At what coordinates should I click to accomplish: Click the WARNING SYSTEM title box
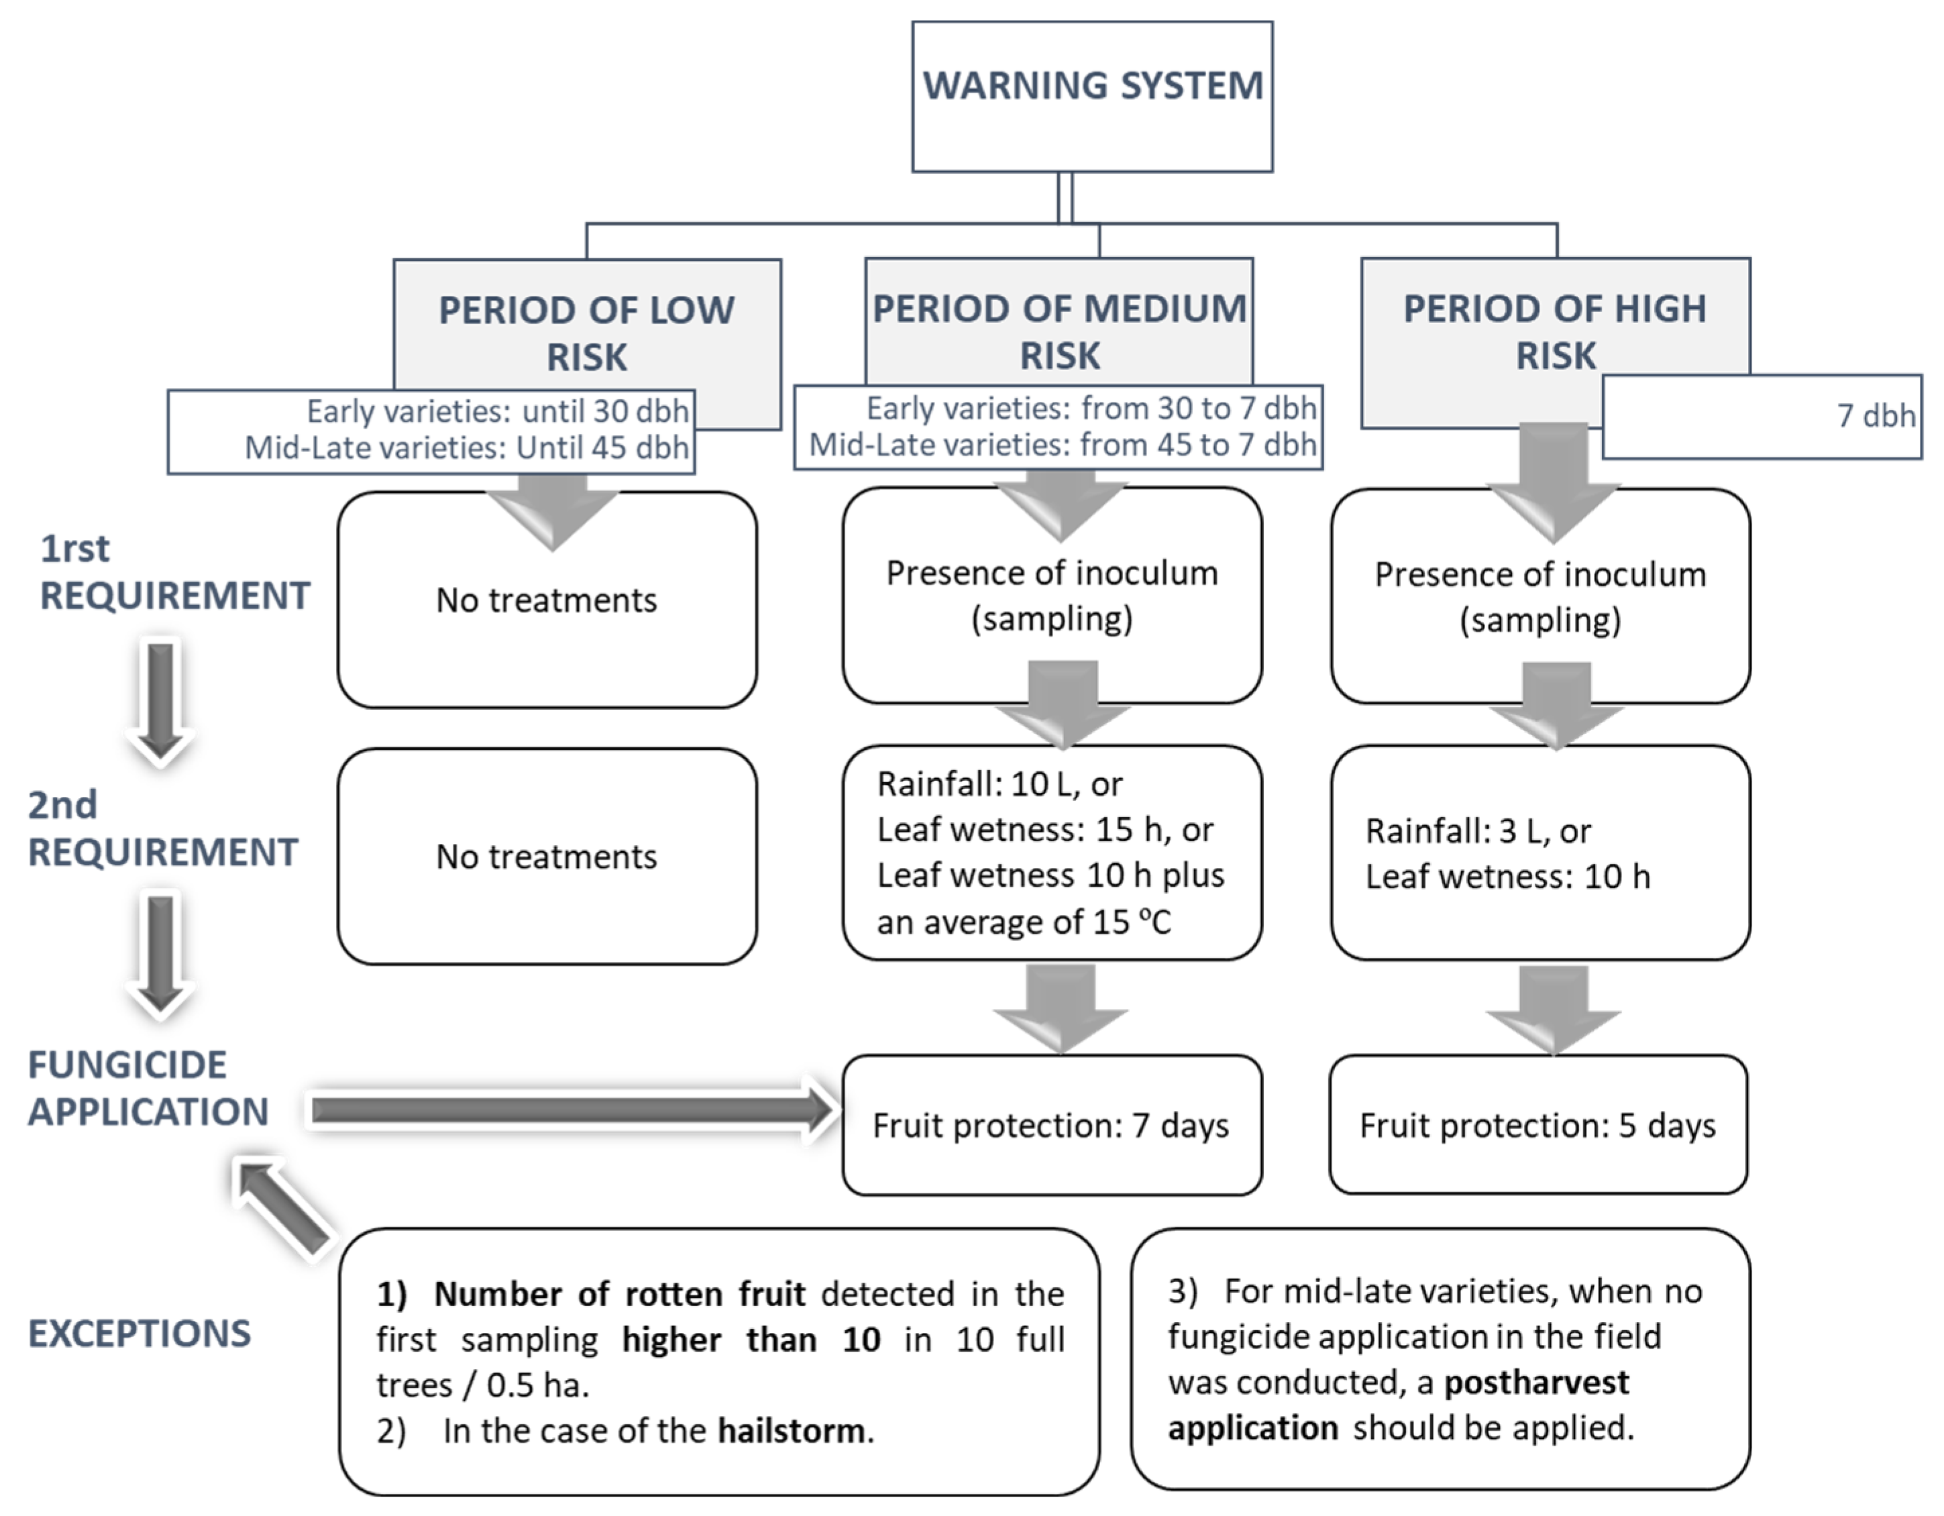point(1092,95)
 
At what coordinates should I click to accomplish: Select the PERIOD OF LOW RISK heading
point(586,332)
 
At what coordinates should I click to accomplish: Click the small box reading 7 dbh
point(1762,416)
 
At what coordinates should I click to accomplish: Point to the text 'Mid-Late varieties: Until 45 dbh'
point(466,447)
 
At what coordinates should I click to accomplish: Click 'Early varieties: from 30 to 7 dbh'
point(1090,408)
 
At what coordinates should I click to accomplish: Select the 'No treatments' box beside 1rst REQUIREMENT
point(547,600)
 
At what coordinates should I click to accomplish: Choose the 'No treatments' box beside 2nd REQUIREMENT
point(547,857)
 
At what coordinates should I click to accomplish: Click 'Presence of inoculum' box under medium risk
point(1052,594)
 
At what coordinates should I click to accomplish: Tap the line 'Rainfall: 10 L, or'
point(999,784)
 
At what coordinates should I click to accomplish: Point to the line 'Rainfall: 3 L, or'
point(1478,830)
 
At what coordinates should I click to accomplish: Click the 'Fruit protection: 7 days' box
point(1051,1125)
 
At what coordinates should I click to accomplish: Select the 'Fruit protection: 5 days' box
point(1537,1125)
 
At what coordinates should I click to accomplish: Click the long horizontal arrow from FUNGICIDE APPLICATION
point(570,1110)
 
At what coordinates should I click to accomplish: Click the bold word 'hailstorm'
point(792,1431)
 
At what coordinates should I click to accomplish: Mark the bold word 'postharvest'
point(1535,1383)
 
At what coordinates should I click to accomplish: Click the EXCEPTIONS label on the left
point(140,1333)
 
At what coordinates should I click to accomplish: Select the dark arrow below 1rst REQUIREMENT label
point(161,699)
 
